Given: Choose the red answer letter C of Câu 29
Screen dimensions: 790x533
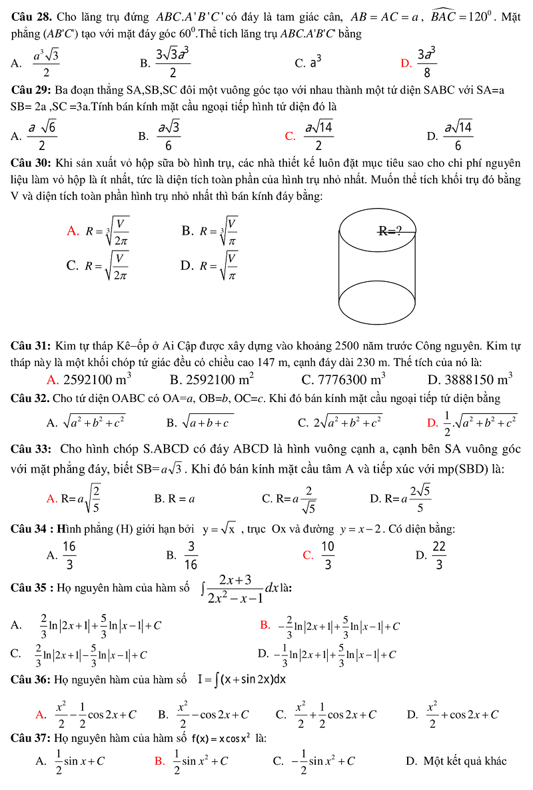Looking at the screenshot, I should (290, 137).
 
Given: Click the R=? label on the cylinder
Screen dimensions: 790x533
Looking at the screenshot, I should (390, 231).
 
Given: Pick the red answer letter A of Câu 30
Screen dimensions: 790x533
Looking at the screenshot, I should (73, 231).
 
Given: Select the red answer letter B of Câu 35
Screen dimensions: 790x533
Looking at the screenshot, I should (265, 625).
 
